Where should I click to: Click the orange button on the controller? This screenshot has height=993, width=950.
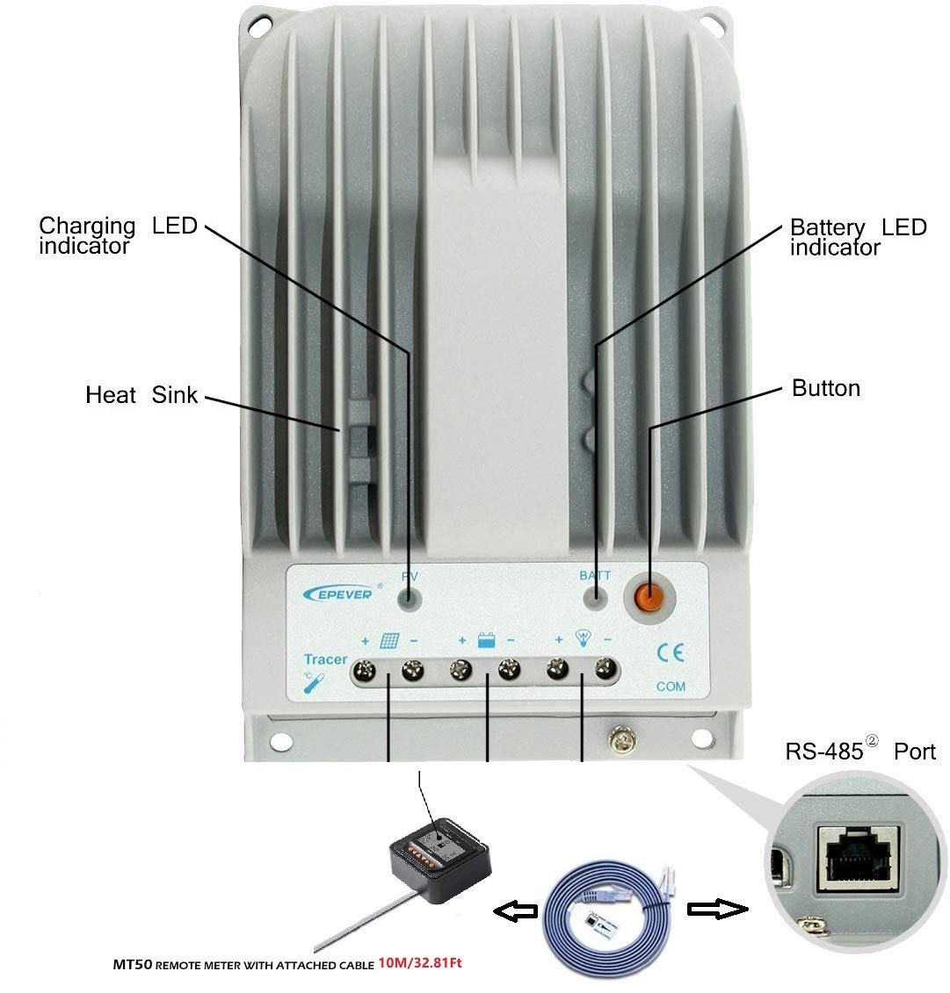[650, 599]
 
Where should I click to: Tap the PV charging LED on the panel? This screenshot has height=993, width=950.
[409, 601]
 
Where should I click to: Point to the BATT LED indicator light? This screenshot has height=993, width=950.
[597, 601]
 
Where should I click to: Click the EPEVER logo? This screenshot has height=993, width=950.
[338, 593]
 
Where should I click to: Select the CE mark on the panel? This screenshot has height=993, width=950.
[671, 653]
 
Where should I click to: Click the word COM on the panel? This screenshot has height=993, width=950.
[671, 687]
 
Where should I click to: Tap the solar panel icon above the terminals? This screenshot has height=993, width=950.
[389, 640]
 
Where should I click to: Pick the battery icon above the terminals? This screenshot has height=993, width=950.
[486, 640]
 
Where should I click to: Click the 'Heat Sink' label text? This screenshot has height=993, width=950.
[141, 395]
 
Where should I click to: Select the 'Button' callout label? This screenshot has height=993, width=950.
[825, 388]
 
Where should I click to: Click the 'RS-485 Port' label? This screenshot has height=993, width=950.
[860, 752]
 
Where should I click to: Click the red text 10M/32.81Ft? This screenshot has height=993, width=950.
[420, 963]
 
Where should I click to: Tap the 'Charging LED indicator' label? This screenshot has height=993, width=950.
[87, 235]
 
